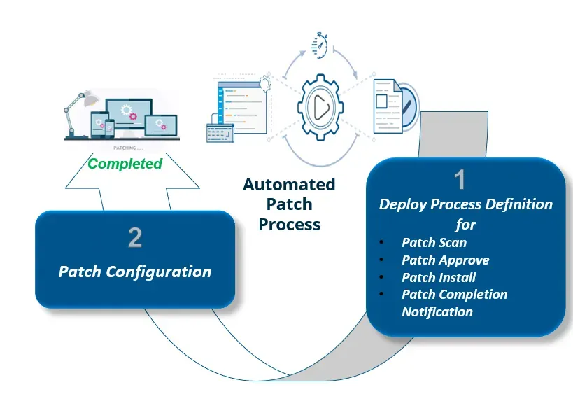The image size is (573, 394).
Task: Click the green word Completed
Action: [125, 164]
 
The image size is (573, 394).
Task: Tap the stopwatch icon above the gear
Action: [321, 43]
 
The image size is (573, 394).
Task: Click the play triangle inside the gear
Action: [321, 107]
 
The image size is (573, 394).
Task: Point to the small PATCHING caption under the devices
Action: [128, 148]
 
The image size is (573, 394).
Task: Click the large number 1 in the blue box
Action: [460, 181]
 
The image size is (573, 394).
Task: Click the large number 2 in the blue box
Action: [135, 238]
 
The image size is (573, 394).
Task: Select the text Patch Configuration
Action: [135, 272]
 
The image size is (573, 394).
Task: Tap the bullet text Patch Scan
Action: [434, 243]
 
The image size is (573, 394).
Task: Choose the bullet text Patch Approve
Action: [445, 260]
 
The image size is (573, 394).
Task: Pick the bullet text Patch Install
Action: [439, 277]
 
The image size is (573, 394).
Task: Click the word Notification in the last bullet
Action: [437, 311]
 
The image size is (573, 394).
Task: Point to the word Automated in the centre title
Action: [289, 185]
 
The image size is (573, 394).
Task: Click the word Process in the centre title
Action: [289, 225]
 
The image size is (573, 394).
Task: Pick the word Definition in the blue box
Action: [518, 204]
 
